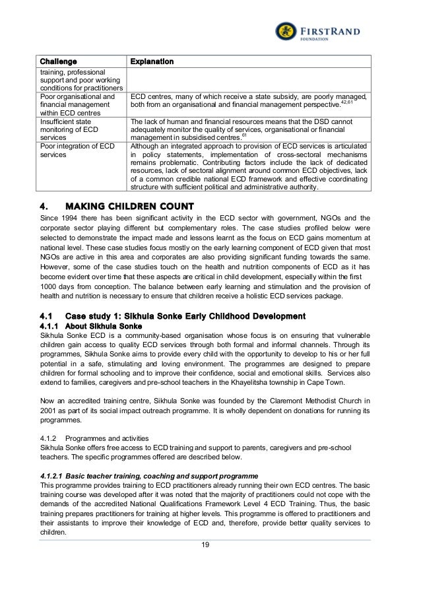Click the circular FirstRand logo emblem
click(x=286, y=31)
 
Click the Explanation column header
click(x=152, y=61)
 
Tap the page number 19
click(x=210, y=545)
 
